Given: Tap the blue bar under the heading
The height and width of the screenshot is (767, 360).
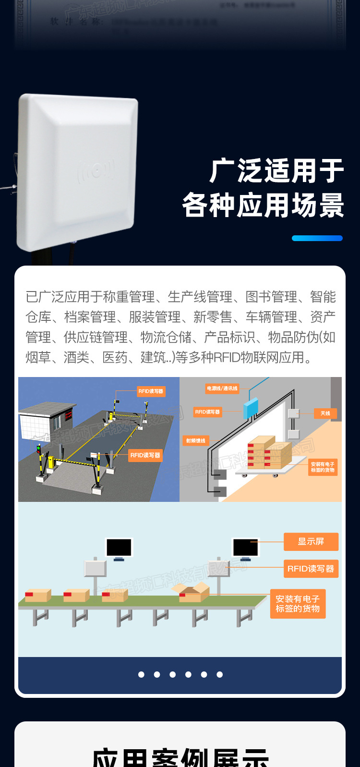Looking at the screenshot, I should coord(317,238).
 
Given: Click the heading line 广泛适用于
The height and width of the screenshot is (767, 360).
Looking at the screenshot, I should coord(277,171).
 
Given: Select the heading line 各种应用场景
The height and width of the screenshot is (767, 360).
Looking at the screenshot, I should coord(263,205).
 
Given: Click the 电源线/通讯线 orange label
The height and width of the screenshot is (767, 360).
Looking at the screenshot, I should coord(222,388).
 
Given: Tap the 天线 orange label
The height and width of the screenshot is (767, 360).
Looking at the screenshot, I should coord(325,413).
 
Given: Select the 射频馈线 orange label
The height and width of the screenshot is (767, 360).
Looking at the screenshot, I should coord(196,440).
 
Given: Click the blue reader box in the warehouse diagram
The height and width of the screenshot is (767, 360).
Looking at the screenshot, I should coord(251,408).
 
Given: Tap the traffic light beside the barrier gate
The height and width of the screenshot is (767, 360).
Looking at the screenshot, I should coord(39,449).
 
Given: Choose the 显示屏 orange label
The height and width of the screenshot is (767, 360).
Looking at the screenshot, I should coord(311,541).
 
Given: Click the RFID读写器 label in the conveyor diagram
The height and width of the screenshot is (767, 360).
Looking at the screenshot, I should coord(311,569).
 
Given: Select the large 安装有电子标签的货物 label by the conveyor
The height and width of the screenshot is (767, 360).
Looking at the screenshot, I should coord(298,604).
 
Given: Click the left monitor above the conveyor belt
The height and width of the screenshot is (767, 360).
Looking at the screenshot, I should coord(119,548).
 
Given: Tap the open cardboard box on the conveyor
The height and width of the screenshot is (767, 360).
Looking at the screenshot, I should coord(192,593).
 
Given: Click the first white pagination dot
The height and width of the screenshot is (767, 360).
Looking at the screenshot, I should coord(141,674).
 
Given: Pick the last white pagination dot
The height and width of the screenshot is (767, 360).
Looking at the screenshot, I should coord(219,674).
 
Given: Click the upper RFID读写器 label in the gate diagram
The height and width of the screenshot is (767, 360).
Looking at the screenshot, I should coord(151,391).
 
